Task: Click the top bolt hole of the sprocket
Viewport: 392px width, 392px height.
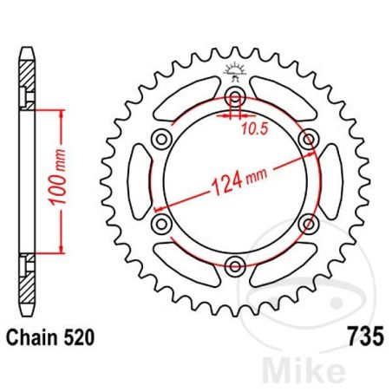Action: click(x=235, y=96)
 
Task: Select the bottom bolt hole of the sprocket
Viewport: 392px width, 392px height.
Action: click(x=235, y=266)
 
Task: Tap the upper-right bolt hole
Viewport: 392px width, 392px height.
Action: click(x=307, y=139)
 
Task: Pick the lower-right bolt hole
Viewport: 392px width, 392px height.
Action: click(x=307, y=225)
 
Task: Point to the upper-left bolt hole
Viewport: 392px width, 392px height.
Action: click(x=161, y=139)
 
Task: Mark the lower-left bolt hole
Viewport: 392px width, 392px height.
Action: click(x=161, y=225)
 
